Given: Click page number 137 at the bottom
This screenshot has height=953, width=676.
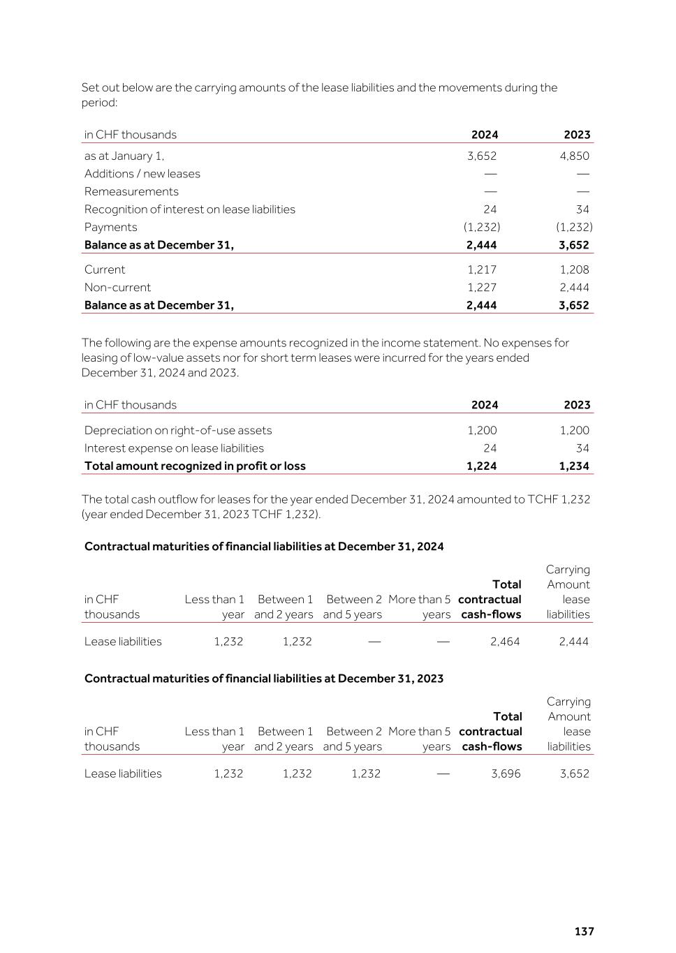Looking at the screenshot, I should tap(584, 931).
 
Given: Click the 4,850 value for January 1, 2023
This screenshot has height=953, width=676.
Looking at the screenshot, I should tap(574, 156).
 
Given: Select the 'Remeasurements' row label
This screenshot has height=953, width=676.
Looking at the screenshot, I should tap(131, 191).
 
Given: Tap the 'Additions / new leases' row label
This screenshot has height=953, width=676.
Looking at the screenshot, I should tap(142, 174).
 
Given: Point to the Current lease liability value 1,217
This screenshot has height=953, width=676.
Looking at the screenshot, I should tap(482, 269).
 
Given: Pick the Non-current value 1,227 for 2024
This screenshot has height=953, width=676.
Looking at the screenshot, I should tap(482, 287).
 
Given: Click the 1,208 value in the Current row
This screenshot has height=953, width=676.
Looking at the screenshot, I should tap(574, 269).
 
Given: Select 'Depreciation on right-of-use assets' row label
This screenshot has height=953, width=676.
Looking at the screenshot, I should tap(178, 430).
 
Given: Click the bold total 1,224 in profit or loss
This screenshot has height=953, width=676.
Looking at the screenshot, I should tap(482, 466).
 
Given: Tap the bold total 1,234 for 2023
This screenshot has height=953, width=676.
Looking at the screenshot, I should tap(574, 466).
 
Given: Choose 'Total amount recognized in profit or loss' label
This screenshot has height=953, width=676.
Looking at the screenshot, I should tap(195, 466).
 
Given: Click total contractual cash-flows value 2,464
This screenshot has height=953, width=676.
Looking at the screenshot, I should tap(505, 641).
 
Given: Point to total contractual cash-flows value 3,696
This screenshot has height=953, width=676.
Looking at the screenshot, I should tap(506, 773).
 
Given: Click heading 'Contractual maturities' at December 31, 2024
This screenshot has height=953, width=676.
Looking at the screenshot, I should tap(264, 546).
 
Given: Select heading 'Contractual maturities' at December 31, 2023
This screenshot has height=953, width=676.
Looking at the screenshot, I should tap(264, 678).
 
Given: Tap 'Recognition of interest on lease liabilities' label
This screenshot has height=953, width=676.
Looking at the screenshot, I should tap(190, 209).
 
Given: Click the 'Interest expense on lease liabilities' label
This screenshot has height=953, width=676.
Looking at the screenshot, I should tap(174, 448).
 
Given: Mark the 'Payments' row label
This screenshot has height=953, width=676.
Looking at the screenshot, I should tap(110, 227).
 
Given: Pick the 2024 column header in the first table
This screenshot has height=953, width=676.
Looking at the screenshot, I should tap(485, 135).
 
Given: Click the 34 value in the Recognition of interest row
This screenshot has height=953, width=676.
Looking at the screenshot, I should tap(582, 209).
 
